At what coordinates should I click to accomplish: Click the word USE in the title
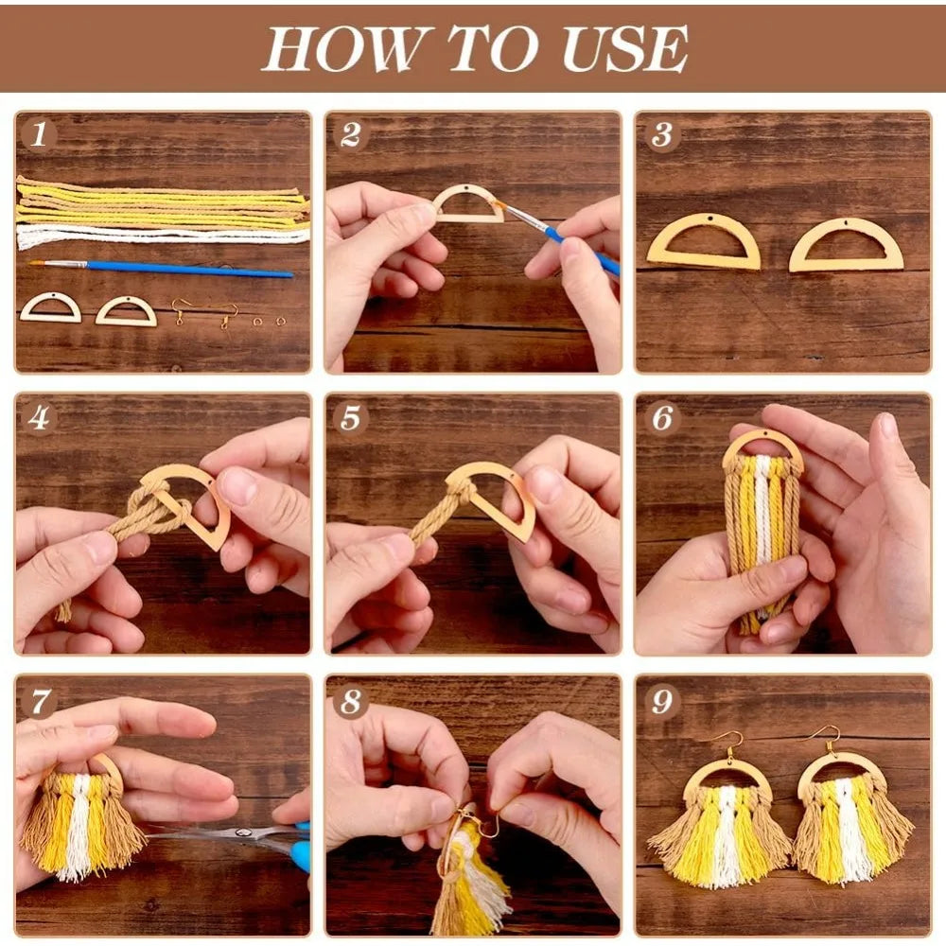point(625,48)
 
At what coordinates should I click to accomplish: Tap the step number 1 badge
point(39,134)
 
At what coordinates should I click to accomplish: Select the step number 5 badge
point(351,417)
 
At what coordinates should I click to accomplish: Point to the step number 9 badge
point(662,701)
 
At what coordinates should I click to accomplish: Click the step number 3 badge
point(662,134)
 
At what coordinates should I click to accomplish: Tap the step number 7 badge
point(39,701)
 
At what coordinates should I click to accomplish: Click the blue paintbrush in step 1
point(162,268)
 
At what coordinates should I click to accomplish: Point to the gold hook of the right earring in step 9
point(830,739)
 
